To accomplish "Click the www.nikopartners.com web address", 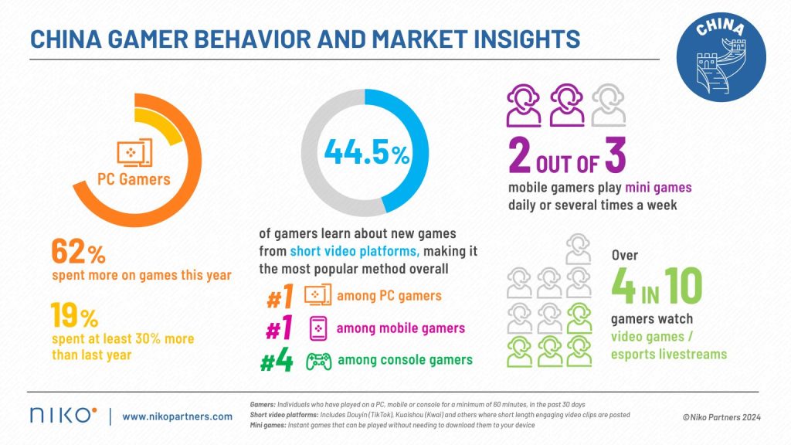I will (177, 416).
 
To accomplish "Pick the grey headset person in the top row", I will (609, 107).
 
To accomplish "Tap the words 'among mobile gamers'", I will (402, 328).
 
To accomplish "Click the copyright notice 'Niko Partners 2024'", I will (722, 417).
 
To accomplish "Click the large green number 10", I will (681, 287).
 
